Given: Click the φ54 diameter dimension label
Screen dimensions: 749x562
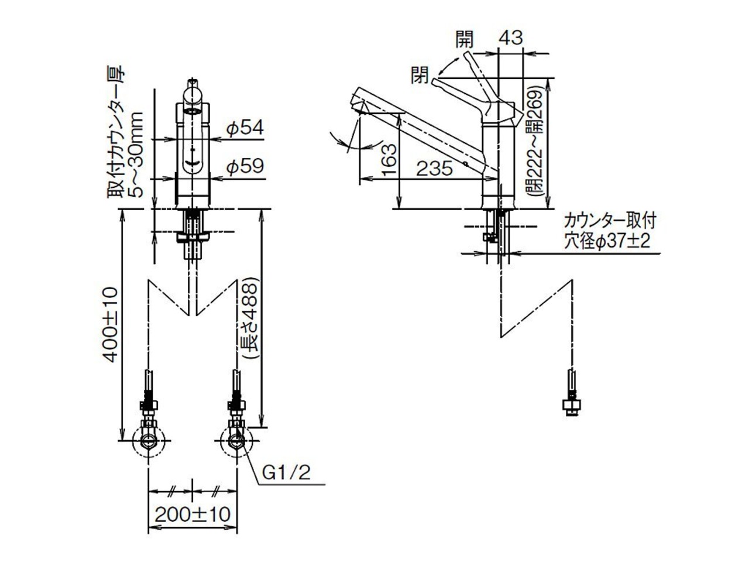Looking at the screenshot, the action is click(x=245, y=128).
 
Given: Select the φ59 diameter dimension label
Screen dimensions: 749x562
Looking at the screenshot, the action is click(x=245, y=166).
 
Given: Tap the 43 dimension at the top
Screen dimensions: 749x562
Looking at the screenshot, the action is click(x=510, y=37).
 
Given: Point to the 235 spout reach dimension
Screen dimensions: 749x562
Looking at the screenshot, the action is click(x=434, y=168).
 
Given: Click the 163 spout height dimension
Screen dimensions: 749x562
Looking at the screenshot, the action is click(x=389, y=160).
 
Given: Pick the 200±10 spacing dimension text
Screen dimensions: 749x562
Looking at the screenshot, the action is click(x=193, y=514).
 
